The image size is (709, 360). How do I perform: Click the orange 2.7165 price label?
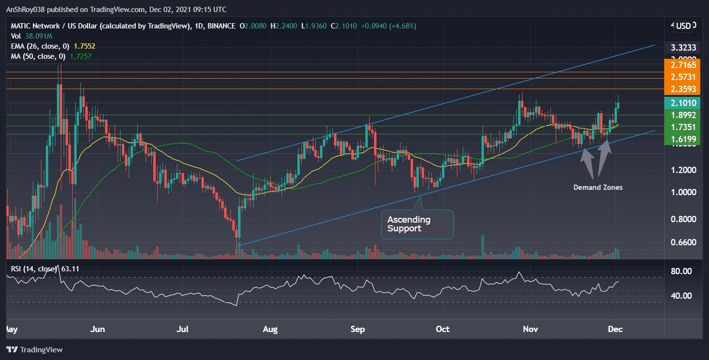click(680, 65)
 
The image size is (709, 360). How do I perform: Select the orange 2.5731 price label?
click(680, 77)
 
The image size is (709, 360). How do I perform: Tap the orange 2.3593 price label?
click(680, 89)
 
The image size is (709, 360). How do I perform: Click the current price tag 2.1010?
click(680, 103)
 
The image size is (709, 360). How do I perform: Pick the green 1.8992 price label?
click(680, 115)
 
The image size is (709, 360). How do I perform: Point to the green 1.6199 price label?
click(680, 140)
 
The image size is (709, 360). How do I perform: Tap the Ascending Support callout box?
click(417, 224)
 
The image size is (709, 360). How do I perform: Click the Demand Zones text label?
click(598, 187)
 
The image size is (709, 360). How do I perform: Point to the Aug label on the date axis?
click(270, 329)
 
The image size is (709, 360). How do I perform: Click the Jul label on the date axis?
click(183, 329)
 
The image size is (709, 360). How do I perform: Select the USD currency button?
click(683, 26)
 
